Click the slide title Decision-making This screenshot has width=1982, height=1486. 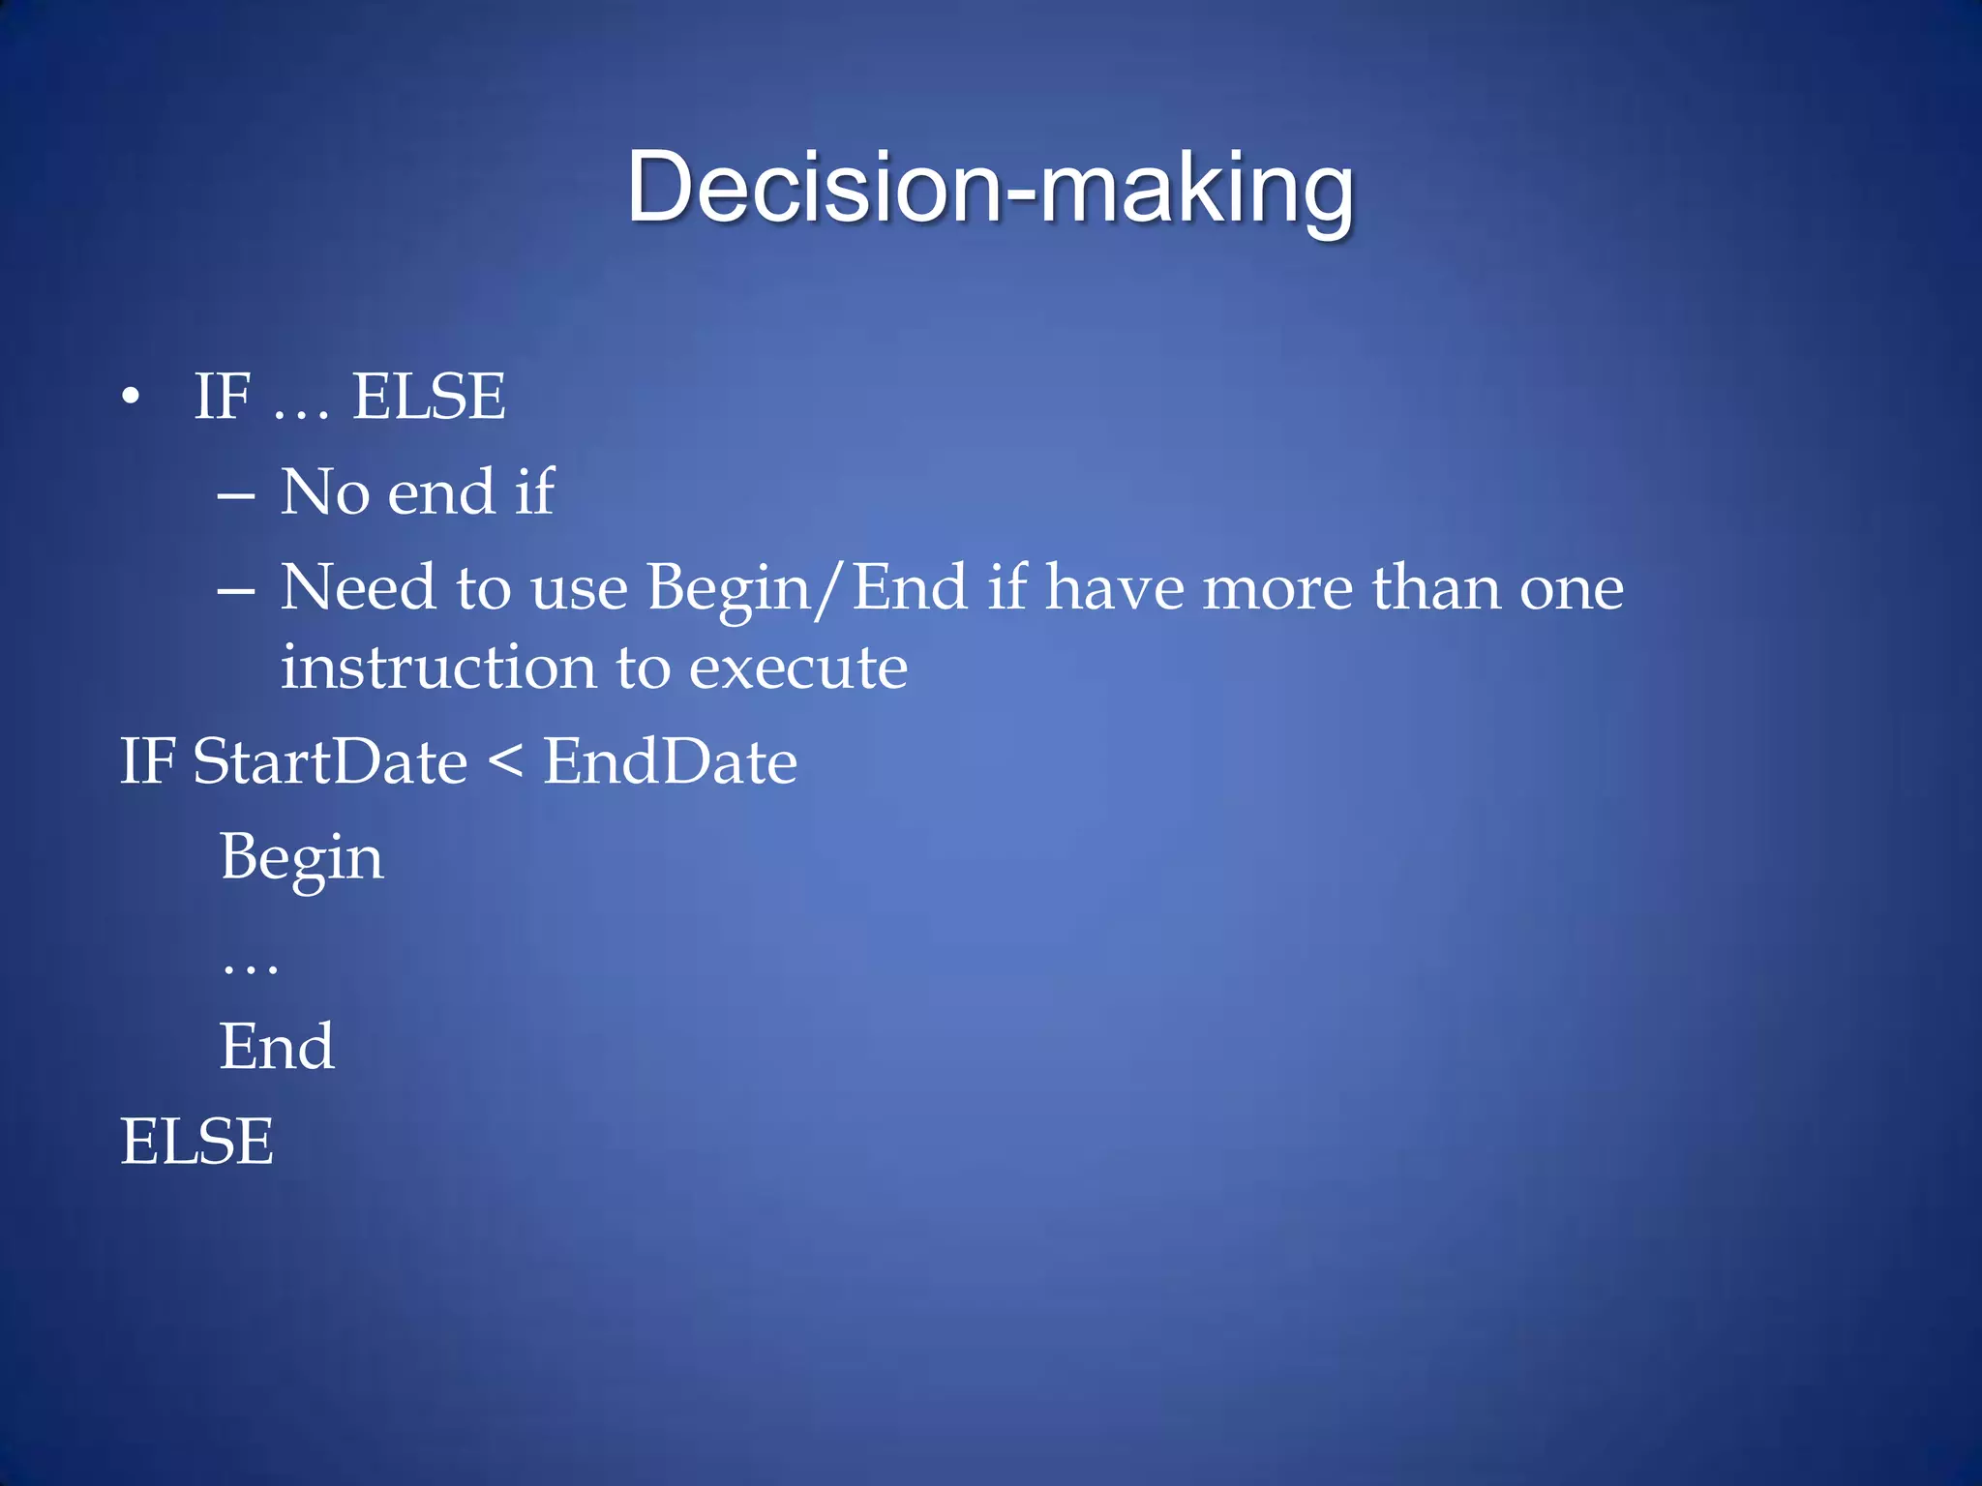coord(989,189)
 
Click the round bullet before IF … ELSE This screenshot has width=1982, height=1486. coord(131,397)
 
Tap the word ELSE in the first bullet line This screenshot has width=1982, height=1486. coord(428,397)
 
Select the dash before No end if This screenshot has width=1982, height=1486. coord(236,496)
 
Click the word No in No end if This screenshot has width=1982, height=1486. coord(324,491)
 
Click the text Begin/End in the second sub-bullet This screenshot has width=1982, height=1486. coord(806,587)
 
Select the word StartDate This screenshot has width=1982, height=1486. coord(330,761)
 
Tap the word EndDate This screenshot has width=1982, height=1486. coord(670,761)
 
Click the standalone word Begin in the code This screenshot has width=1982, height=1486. coord(301,858)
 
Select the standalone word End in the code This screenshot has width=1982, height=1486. coord(277,1047)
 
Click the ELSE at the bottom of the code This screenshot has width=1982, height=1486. coord(196,1142)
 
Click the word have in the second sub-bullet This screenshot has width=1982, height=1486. coord(1114,587)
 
